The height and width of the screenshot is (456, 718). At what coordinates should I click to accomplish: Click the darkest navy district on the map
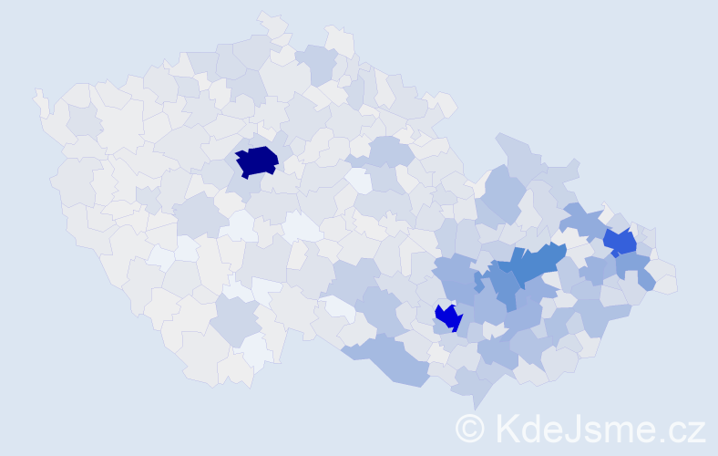pos(257,161)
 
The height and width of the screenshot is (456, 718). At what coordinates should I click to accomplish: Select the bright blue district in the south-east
pos(449,317)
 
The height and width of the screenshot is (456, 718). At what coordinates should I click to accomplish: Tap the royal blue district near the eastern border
pos(620,242)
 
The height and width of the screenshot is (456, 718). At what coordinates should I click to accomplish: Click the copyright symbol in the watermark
pos(470,428)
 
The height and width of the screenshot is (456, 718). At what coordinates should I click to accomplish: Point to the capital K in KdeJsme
pos(507,428)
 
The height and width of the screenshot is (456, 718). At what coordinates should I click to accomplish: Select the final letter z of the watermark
pos(696,431)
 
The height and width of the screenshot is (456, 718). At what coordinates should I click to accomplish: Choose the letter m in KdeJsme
pos(619,431)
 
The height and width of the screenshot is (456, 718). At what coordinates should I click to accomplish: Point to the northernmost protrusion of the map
pos(266,16)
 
